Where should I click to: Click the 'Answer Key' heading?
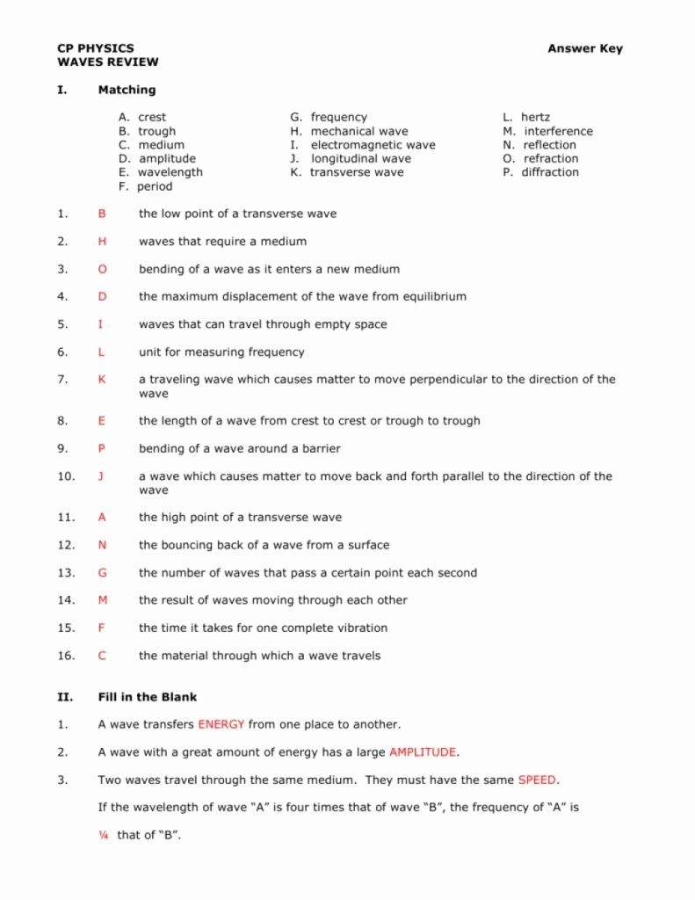[584, 48]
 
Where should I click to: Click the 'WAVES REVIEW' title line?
[107, 62]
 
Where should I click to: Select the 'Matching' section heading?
[127, 90]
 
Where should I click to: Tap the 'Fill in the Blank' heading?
[147, 697]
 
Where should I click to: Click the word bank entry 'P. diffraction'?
[540, 172]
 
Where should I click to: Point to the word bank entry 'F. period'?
[145, 186]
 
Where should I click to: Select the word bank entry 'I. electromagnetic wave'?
[362, 145]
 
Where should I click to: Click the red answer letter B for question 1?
[102, 214]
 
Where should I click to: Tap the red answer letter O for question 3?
[102, 269]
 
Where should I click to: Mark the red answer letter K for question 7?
[102, 380]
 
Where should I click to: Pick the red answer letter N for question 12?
[102, 545]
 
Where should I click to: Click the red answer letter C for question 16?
[102, 656]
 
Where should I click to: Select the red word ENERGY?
[221, 725]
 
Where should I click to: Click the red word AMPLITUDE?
[423, 752]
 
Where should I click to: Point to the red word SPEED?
[537, 780]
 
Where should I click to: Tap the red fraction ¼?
[103, 835]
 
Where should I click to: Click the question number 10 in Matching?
[66, 476]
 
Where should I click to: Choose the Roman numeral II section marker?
[64, 697]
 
